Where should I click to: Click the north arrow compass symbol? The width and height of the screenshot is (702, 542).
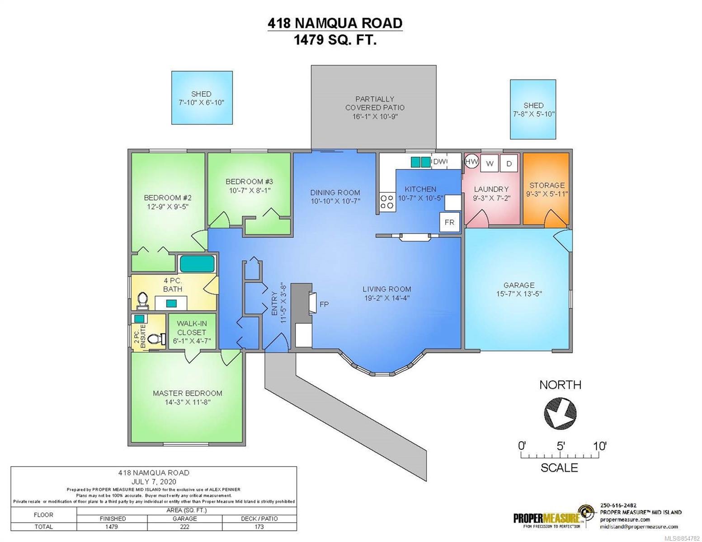click(560, 414)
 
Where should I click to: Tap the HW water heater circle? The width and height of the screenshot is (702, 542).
click(471, 162)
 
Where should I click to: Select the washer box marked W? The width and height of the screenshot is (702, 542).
click(490, 164)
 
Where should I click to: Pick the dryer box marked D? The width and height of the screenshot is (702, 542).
click(509, 164)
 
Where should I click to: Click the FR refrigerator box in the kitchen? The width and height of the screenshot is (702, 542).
click(449, 222)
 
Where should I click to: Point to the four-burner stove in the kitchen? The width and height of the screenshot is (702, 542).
click(386, 202)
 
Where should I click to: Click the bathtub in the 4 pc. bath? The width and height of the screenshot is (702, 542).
click(197, 264)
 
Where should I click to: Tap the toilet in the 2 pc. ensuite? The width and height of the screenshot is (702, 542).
click(156, 339)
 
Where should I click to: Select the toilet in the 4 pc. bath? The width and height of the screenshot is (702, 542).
click(142, 300)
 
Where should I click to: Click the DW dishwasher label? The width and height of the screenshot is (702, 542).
click(440, 162)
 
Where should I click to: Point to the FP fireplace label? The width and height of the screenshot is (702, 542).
click(324, 304)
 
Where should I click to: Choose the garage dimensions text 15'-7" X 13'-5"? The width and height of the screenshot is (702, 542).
click(519, 294)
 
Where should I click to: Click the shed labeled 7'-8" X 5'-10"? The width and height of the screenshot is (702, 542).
click(533, 109)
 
